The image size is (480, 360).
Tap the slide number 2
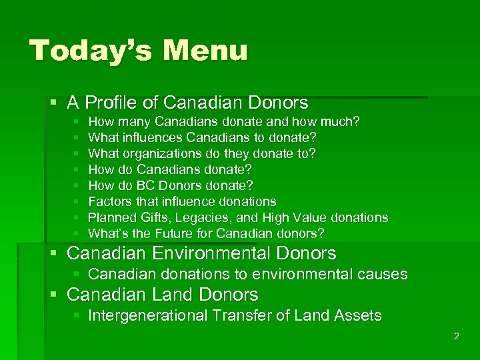[456, 336]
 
